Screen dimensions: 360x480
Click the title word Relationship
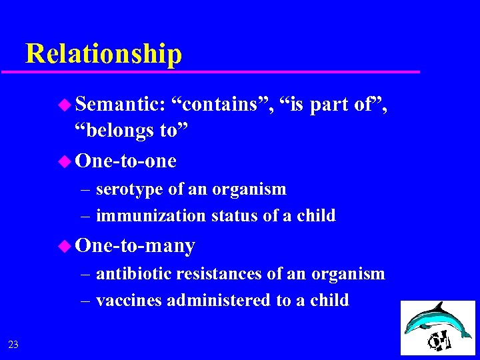tap(103, 53)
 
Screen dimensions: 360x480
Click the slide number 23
tap(13, 344)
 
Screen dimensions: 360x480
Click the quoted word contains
tap(222, 104)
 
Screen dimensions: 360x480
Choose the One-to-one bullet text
tap(126, 161)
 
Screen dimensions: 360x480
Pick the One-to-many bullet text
tap(135, 246)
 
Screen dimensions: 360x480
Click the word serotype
tap(129, 189)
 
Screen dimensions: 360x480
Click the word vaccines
tap(129, 300)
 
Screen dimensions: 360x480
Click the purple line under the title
tap(213, 71)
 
